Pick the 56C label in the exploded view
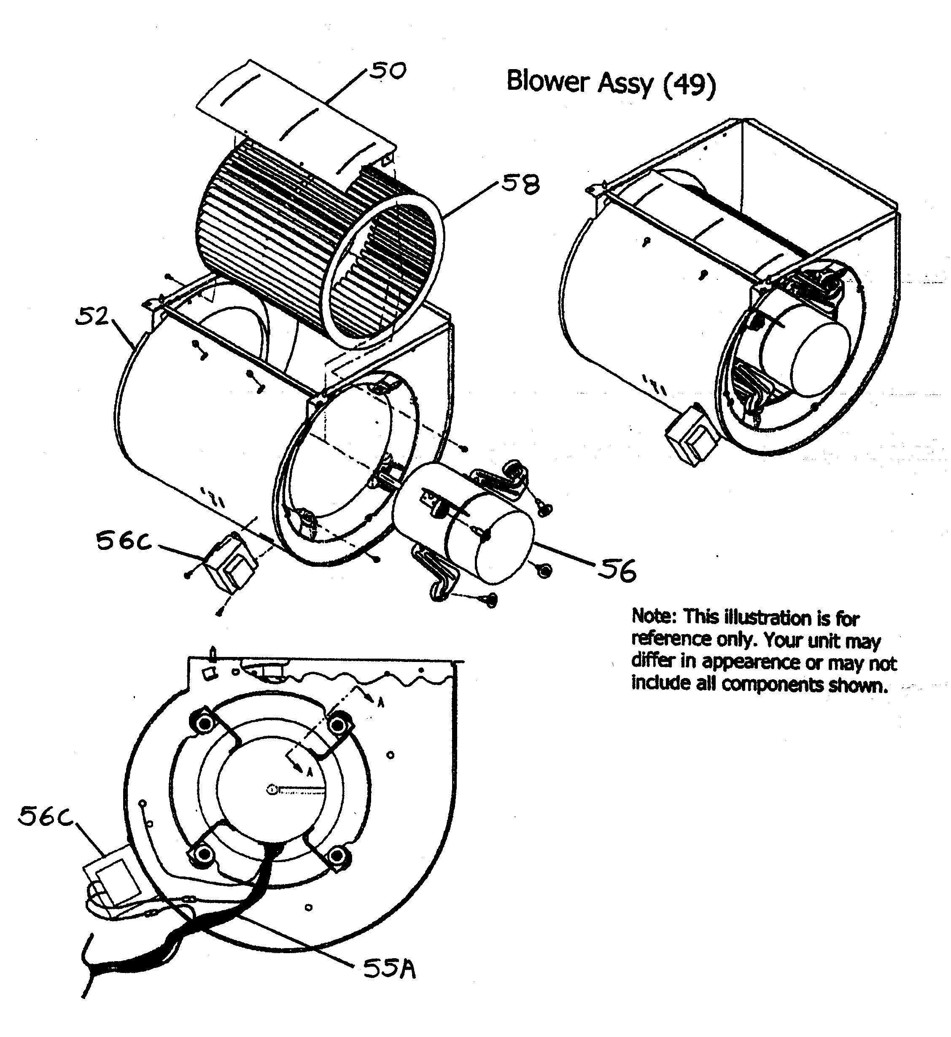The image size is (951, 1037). pos(124,541)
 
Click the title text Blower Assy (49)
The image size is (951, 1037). pos(611,82)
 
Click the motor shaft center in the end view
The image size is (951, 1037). pos(271,789)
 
